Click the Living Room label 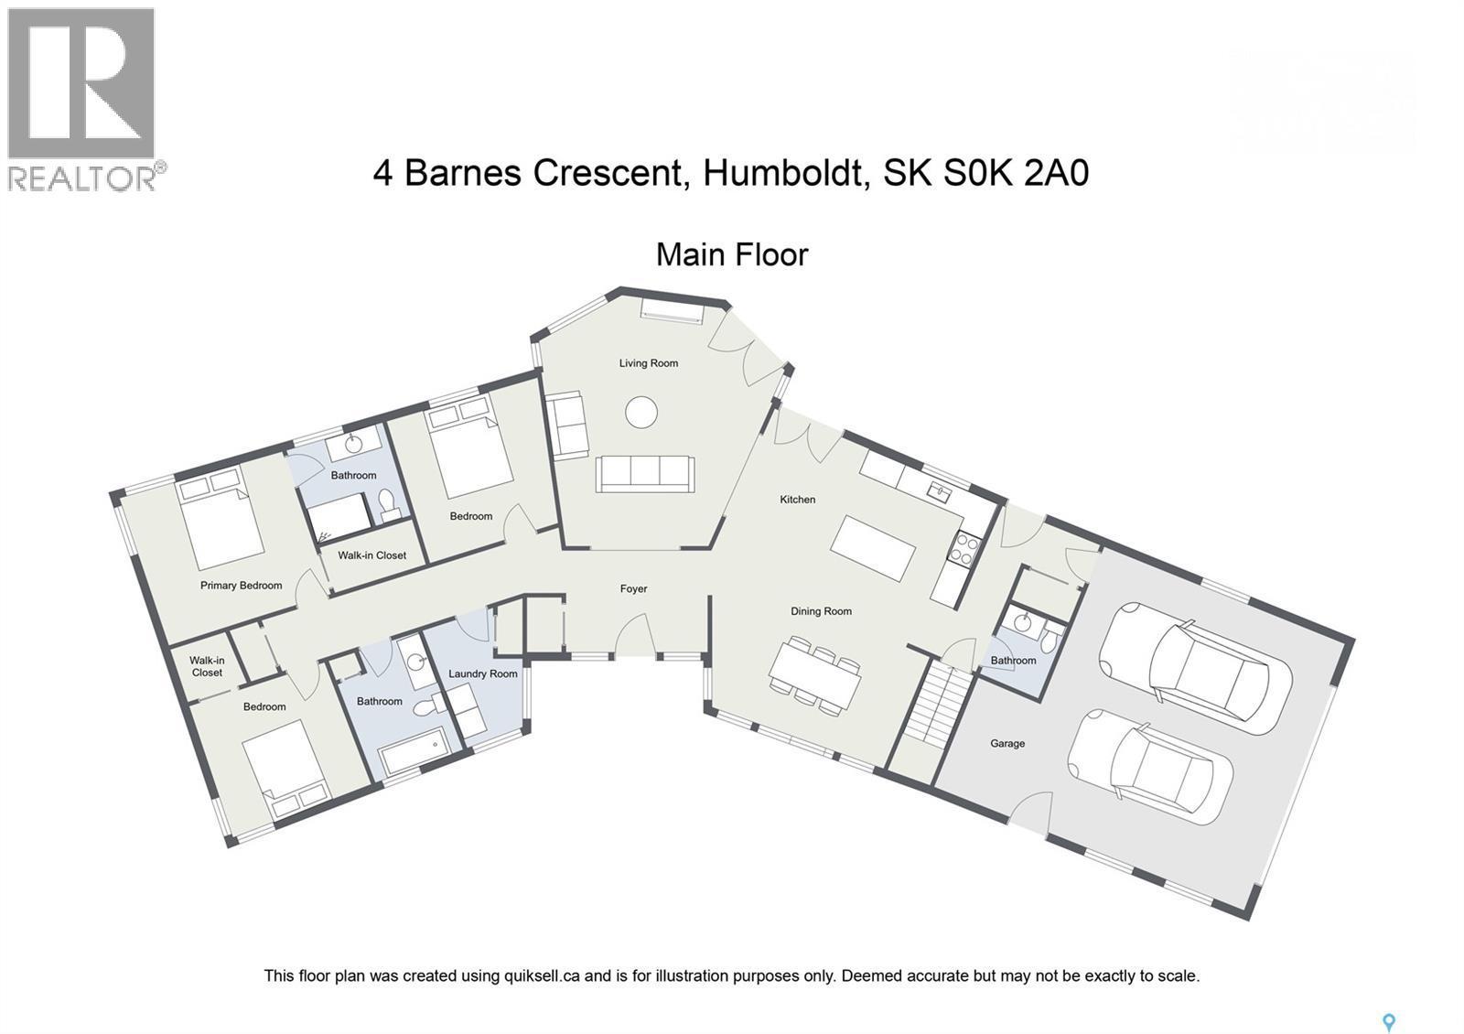coord(648,363)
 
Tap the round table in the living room coord(640,412)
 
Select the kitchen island coord(873,548)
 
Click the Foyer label coord(633,589)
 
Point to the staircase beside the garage coord(935,705)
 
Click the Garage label coord(1006,744)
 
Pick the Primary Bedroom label coord(241,586)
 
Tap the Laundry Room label coord(482,674)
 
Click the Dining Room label coord(821,611)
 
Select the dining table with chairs coord(814,676)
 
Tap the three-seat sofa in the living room coord(644,474)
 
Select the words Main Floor coord(732,254)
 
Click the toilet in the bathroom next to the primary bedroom coord(387,501)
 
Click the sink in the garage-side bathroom coord(1023,624)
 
